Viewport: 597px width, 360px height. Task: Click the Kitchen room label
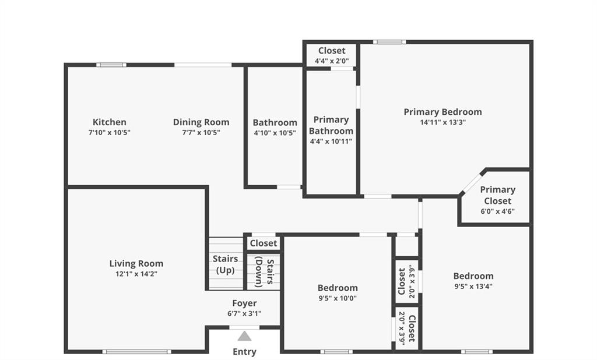[x=109, y=122]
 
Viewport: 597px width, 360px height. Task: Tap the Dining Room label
[x=201, y=122]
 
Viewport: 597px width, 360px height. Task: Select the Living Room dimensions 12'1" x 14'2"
[x=136, y=274]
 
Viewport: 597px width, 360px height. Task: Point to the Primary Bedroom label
[x=443, y=112]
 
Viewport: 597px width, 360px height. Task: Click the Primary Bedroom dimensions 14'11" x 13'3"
[x=443, y=122]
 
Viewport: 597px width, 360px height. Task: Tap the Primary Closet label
[x=498, y=195]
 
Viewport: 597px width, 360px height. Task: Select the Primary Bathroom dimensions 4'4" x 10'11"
[x=331, y=141]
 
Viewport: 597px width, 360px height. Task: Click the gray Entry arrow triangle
[x=244, y=336]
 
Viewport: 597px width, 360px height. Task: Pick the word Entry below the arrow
[x=244, y=352]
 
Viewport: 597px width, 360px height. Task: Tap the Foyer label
[x=244, y=303]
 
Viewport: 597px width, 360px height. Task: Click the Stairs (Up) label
[x=226, y=264]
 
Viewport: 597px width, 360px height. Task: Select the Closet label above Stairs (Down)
[x=264, y=243]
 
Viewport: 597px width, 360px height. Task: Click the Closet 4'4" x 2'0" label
[x=332, y=55]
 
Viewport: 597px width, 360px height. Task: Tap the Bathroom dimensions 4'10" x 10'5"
[x=275, y=133]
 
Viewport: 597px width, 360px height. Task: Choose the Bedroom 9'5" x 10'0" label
[x=338, y=292]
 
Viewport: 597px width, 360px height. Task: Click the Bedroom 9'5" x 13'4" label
[x=473, y=281]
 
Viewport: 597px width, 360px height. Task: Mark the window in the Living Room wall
[x=136, y=352]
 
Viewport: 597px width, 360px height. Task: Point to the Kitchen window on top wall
[x=111, y=65]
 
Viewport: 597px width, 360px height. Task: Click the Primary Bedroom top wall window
[x=389, y=42]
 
